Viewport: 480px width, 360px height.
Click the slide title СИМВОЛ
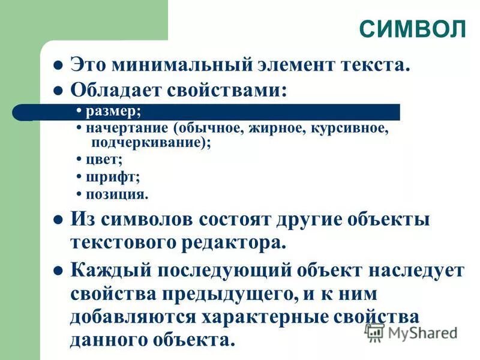(413, 28)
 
